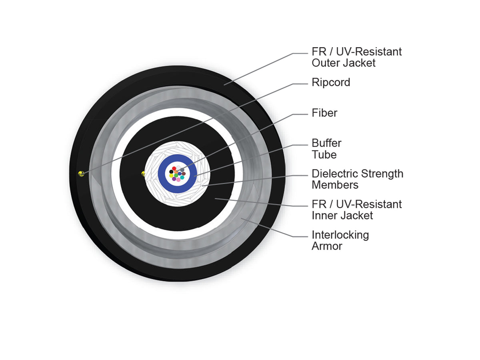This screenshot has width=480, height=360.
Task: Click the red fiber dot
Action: pos(174,168)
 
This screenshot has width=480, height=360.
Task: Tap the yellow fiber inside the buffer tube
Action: pos(172,176)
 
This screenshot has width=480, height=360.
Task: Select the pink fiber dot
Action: pos(178,180)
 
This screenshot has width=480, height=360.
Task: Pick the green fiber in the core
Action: pos(176,175)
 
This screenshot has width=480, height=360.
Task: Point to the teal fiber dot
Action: pos(182,177)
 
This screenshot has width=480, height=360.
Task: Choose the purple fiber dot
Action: pos(174,179)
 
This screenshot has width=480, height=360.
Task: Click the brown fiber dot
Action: pos(184,174)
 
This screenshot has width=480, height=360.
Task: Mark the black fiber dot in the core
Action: pos(172,172)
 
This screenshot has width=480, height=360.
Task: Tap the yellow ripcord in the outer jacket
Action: pos(81,174)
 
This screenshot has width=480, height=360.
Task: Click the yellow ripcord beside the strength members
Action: pos(143,174)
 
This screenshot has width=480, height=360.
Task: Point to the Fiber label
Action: pos(324,113)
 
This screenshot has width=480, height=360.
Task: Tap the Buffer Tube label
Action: pos(326,149)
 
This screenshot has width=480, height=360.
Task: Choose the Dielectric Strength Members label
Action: pos(358,179)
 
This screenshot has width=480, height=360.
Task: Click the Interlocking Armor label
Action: pos(340,240)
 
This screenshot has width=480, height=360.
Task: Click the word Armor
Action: pos(327,246)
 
